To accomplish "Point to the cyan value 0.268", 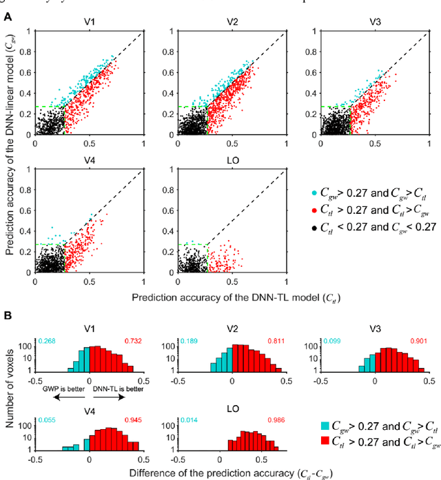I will coord(47,341).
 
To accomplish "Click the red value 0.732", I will coord(133,341).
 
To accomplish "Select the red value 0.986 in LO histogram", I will coord(274,419).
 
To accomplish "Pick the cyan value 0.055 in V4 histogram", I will coord(47,419).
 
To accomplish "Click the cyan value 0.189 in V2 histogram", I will coord(188,341).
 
